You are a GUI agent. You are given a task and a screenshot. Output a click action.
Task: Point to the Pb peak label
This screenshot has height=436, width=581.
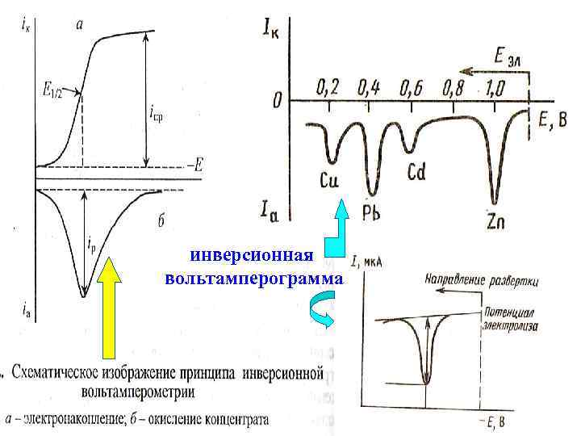click(x=372, y=213)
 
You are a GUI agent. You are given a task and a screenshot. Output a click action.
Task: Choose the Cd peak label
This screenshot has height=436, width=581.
click(x=416, y=172)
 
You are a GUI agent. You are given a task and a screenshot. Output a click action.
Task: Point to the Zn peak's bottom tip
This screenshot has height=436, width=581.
click(x=495, y=202)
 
